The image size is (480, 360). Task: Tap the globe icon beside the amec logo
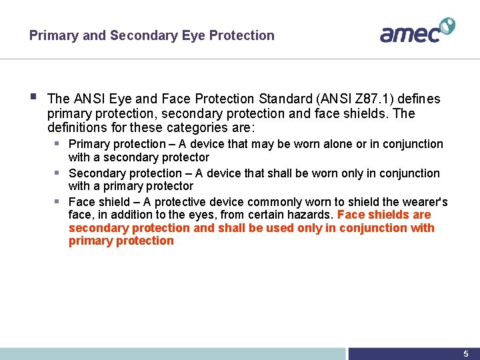pos(446,26)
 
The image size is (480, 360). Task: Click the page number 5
pos(466,354)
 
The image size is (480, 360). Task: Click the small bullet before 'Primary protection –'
pos(58,143)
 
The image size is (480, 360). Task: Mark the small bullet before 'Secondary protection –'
pos(58,173)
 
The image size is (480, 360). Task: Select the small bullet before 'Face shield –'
pos(58,201)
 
